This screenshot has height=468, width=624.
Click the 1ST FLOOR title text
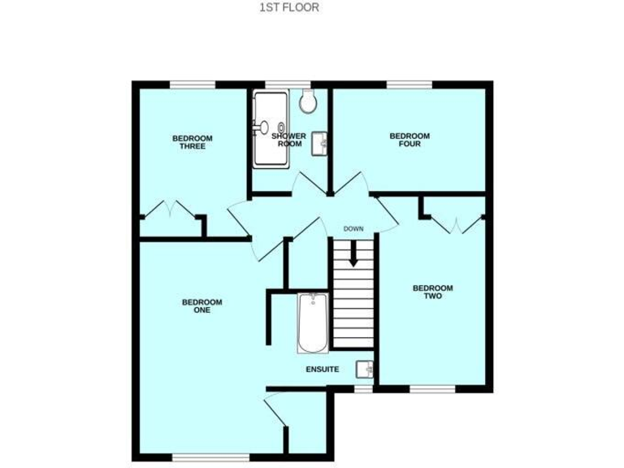coord(288,7)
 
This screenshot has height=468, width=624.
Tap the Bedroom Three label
coord(193,142)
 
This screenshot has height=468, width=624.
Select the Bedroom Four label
coord(409,140)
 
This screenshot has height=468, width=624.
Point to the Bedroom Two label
coord(432,292)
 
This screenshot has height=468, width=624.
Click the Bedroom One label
coord(201,305)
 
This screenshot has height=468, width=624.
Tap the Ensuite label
coord(322,370)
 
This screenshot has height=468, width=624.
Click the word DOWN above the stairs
coord(353,228)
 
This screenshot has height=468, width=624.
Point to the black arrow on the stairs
coord(353,254)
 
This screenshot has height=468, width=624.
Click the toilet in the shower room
coord(308,101)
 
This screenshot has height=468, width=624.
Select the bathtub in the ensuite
coord(312,323)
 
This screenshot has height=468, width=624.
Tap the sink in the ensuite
coord(366,369)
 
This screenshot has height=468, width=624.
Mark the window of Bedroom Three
coord(193,83)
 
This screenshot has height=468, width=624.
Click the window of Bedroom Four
coord(409,83)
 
